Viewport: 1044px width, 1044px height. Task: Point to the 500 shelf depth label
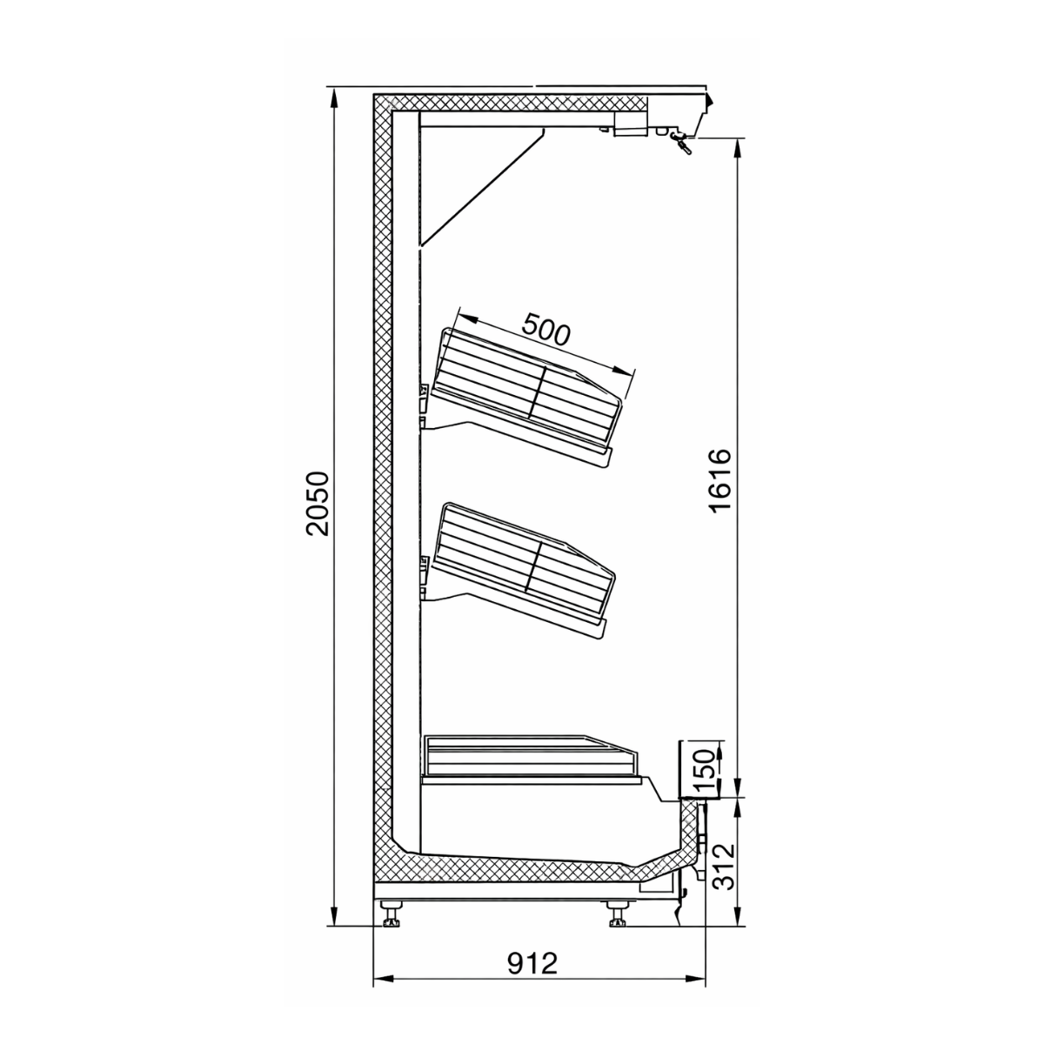[545, 331]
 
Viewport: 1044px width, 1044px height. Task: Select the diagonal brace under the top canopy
[483, 187]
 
